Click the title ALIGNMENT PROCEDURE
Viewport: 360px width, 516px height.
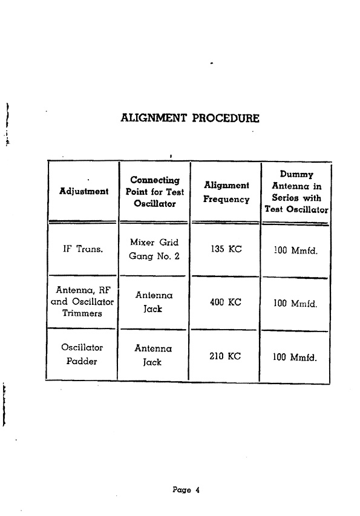pyautogui.click(x=190, y=118)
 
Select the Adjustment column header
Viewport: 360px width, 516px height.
pyautogui.click(x=83, y=191)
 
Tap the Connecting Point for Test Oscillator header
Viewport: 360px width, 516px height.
pyautogui.click(x=155, y=192)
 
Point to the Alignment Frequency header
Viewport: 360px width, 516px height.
pyautogui.click(x=226, y=192)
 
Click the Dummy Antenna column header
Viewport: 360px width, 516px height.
pyautogui.click(x=296, y=192)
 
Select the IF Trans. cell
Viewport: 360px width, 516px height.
pyautogui.click(x=83, y=249)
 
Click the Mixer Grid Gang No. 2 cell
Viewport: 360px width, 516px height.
pyautogui.click(x=154, y=249)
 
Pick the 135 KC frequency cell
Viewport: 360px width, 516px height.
pyautogui.click(x=226, y=249)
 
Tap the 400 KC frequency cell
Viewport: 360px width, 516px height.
pyautogui.click(x=226, y=302)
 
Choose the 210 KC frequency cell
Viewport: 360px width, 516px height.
pyautogui.click(x=225, y=356)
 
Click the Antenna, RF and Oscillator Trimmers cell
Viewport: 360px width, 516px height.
pyautogui.click(x=82, y=301)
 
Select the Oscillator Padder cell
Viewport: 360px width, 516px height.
pyautogui.click(x=82, y=354)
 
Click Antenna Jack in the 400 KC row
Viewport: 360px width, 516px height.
pyautogui.click(x=154, y=302)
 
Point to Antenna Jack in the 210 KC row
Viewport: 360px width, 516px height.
pyautogui.click(x=153, y=356)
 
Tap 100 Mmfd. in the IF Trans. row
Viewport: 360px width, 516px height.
pyautogui.click(x=295, y=250)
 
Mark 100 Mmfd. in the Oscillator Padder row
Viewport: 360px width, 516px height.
pyautogui.click(x=295, y=357)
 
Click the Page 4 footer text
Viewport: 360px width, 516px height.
pyautogui.click(x=186, y=490)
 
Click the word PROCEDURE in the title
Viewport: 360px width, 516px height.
pyautogui.click(x=226, y=118)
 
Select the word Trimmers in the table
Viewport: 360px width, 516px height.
pyautogui.click(x=82, y=313)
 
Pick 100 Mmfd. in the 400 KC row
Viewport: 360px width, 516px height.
pyautogui.click(x=295, y=303)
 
